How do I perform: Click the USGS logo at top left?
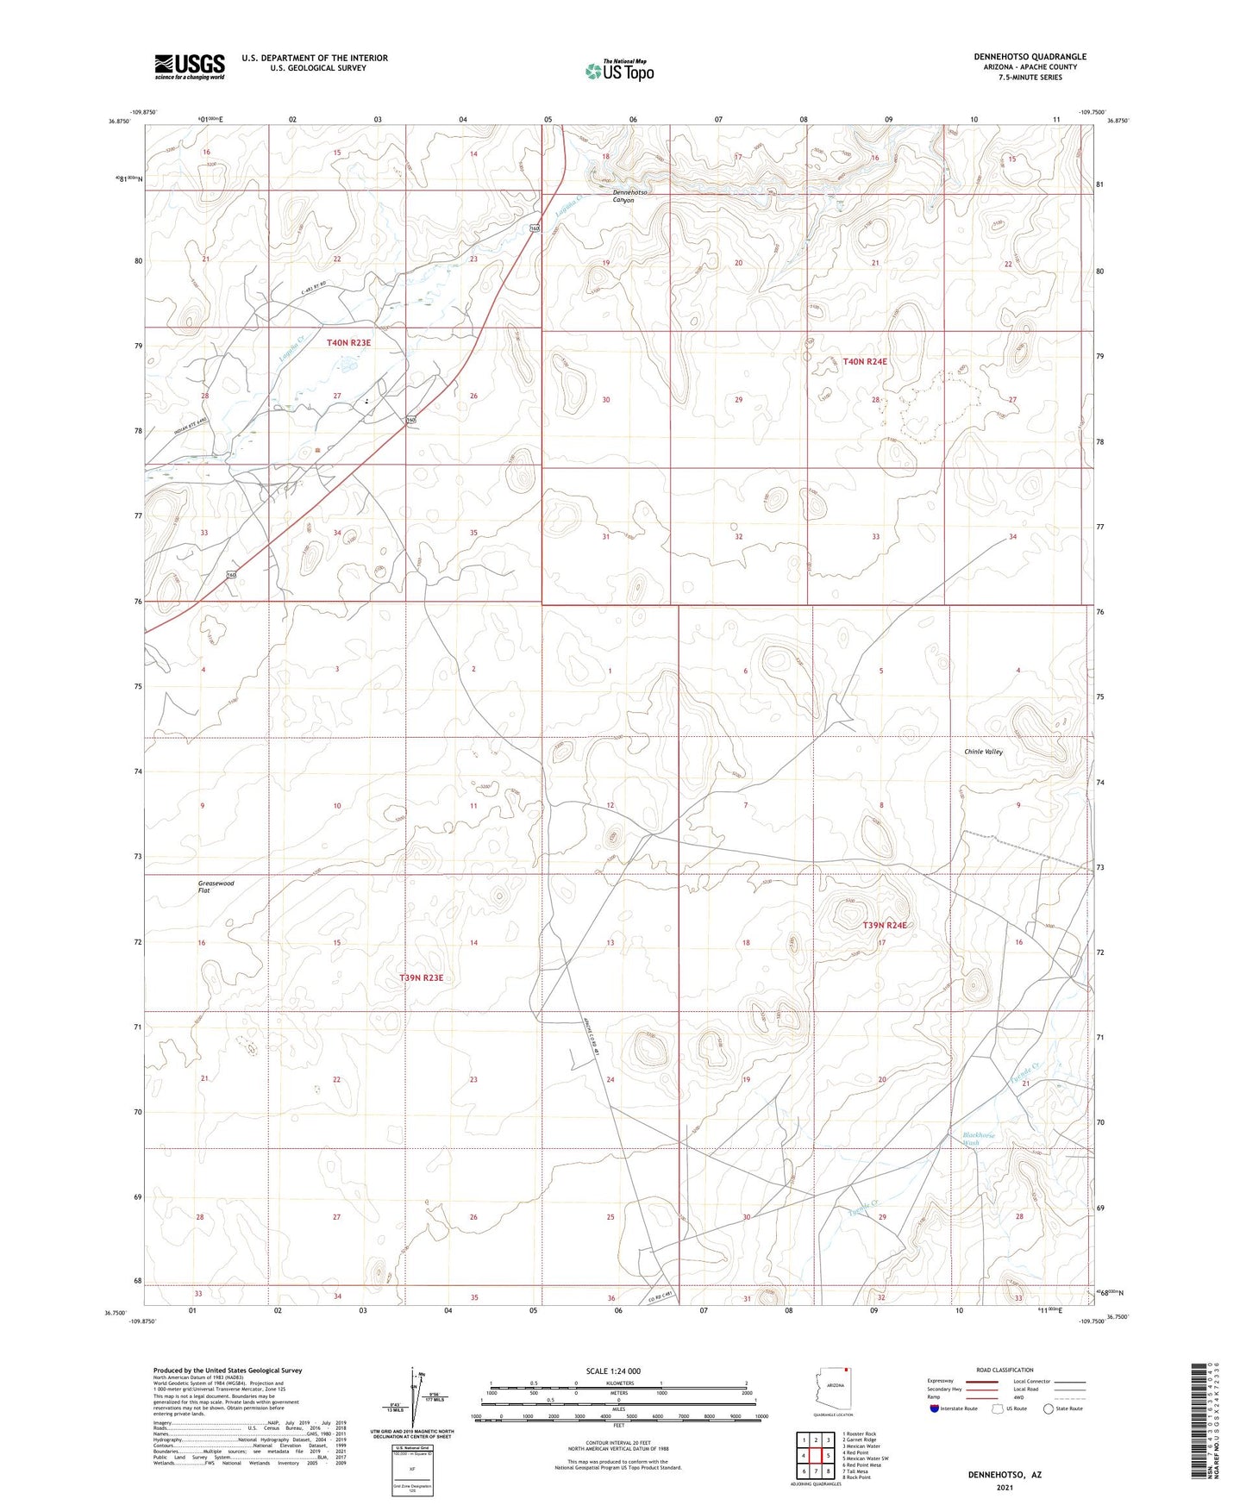190,66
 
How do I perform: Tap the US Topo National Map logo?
618,70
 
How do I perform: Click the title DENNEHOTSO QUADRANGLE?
1030,57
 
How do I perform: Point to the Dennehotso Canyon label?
623,196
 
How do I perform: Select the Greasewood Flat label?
216,887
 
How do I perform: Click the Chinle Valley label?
983,752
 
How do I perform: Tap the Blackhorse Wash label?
979,1139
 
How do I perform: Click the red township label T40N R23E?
348,343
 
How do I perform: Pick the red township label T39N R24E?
885,925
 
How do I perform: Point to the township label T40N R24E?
865,362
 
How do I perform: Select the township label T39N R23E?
421,977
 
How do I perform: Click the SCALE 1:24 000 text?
612,1371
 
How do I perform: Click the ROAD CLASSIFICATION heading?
1005,1370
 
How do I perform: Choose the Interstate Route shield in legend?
935,1408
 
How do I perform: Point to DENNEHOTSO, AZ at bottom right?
1003,1475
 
